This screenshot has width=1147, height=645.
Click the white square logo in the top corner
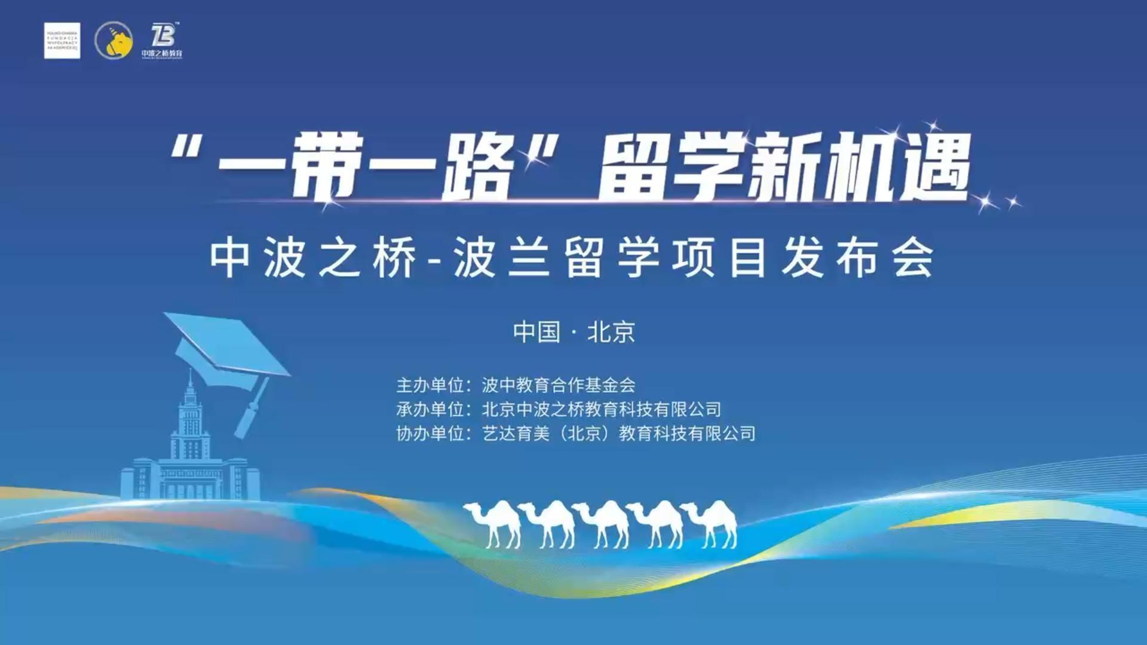(x=62, y=41)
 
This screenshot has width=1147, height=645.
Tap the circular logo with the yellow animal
(x=114, y=41)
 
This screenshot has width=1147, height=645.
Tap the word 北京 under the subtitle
(x=611, y=332)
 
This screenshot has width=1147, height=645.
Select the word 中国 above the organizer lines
(x=536, y=332)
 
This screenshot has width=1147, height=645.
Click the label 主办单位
(x=430, y=385)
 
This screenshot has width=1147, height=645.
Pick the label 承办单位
(x=430, y=410)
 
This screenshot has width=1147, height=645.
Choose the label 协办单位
(x=430, y=434)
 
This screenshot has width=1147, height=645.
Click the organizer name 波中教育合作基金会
(x=559, y=385)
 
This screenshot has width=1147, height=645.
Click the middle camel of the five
(x=602, y=523)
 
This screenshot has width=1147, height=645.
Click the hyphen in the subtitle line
(x=435, y=260)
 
